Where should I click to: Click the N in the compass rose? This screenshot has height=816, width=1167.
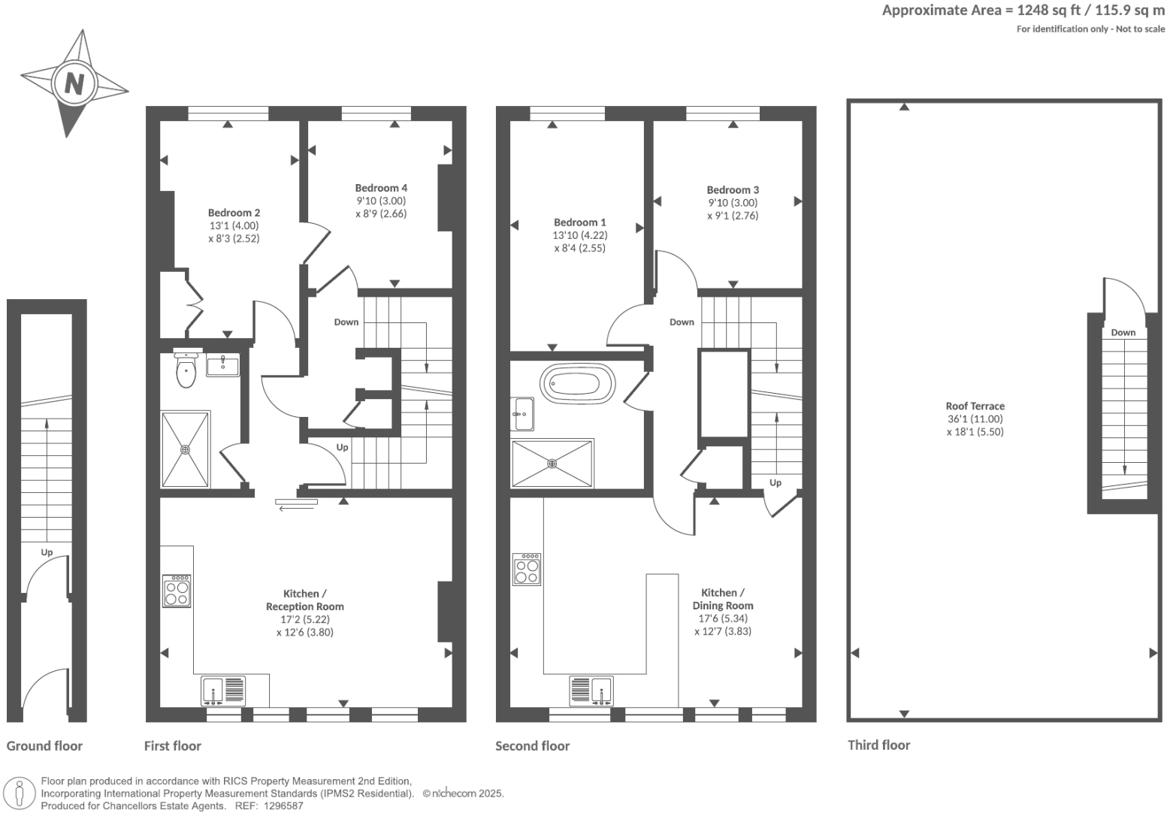(x=74, y=82)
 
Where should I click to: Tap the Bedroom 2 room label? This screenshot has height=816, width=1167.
(x=234, y=213)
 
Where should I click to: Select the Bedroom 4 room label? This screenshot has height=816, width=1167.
(x=381, y=188)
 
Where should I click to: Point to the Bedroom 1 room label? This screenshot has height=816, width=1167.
(x=579, y=222)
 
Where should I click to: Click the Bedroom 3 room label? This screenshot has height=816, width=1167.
(x=733, y=190)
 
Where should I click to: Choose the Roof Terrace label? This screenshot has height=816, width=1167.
(x=975, y=406)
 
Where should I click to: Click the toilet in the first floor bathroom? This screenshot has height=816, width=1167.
(x=186, y=370)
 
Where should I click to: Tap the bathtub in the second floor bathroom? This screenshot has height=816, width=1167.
(x=578, y=384)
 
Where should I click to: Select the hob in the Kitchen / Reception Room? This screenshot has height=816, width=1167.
(x=177, y=591)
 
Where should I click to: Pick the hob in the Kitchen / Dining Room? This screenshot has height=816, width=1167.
(x=527, y=569)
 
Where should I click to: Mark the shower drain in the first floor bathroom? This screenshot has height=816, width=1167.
(x=185, y=449)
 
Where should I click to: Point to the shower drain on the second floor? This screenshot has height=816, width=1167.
(x=553, y=464)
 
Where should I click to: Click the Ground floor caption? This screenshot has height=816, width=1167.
(x=44, y=746)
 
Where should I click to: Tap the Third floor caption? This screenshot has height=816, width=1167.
(x=878, y=745)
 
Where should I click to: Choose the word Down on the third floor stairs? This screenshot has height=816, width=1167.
(x=1123, y=332)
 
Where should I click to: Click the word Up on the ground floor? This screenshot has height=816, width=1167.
(x=47, y=552)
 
